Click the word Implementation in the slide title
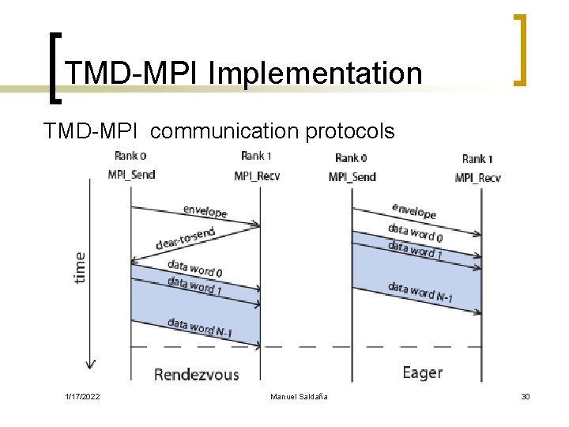coord(315,74)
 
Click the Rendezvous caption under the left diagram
coord(196,373)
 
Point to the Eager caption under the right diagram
coord(422,372)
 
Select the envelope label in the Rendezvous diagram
coord(205,211)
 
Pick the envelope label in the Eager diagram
coord(413,211)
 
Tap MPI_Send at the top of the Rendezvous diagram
coord(132,176)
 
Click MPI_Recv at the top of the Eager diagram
coord(477,177)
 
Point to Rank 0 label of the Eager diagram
coord(352,158)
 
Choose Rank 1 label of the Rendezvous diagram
coord(257,156)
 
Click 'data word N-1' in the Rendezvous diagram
coord(198,327)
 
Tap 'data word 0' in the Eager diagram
coord(415,232)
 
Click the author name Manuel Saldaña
coord(299,396)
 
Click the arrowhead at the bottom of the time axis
coord(91,364)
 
